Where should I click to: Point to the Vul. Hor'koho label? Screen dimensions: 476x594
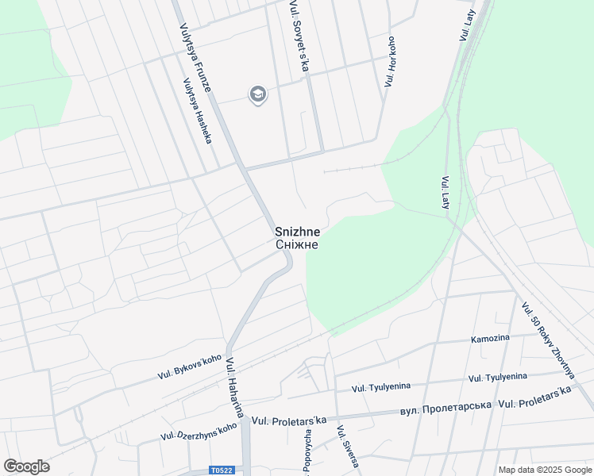click(x=390, y=61)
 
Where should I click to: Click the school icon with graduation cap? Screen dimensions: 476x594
click(x=257, y=95)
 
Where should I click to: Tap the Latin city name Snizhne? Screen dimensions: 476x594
click(x=298, y=232)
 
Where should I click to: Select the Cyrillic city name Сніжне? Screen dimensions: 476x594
click(x=298, y=244)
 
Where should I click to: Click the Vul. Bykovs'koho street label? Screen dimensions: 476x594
click(x=190, y=366)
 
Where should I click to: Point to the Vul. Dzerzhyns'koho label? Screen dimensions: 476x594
click(x=199, y=431)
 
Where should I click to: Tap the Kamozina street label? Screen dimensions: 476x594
click(x=490, y=339)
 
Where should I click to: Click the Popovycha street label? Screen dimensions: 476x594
click(x=307, y=451)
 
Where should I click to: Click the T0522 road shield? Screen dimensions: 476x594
click(x=222, y=470)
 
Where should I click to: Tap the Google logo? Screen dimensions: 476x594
click(x=26, y=466)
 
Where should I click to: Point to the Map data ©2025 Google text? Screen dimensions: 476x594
click(x=544, y=470)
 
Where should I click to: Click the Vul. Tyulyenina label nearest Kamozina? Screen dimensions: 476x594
click(x=498, y=377)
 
